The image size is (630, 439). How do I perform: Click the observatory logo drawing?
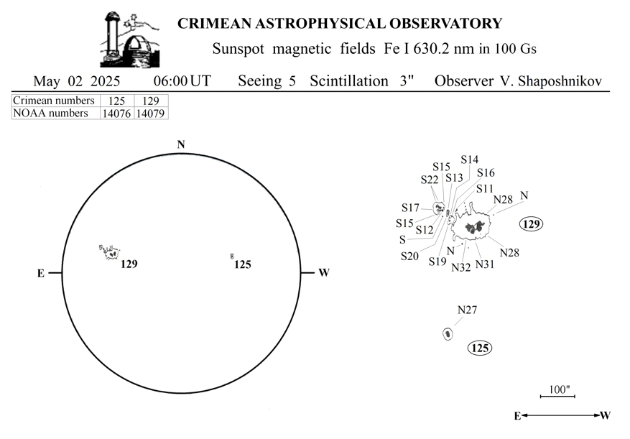pos(129,40)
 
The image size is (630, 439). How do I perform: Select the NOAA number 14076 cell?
pos(116,114)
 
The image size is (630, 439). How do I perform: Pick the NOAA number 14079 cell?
pos(151,114)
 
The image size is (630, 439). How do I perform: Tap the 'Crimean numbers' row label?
pos(53,101)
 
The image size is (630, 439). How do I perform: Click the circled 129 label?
pos(532,223)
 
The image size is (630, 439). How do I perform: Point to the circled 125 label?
pos(480,348)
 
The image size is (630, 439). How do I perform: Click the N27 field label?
pos(467,310)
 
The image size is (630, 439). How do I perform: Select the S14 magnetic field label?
pos(470,160)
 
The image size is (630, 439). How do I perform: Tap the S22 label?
pos(430,180)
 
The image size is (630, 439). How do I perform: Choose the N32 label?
pos(461,267)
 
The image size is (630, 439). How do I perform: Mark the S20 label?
pos(409,256)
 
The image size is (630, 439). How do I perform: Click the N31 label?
pos(485,264)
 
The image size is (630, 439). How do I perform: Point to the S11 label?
pos(485,188)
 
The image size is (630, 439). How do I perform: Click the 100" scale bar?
pos(557,397)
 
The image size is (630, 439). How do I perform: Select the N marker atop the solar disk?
pos(181,144)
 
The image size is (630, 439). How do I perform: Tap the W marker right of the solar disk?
pos(324,273)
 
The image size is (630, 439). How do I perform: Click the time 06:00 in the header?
pos(170,81)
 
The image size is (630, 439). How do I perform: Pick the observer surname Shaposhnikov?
pos(560,81)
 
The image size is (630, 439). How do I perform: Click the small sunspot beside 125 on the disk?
pos(232,256)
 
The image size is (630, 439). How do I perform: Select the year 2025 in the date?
pos(106,81)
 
